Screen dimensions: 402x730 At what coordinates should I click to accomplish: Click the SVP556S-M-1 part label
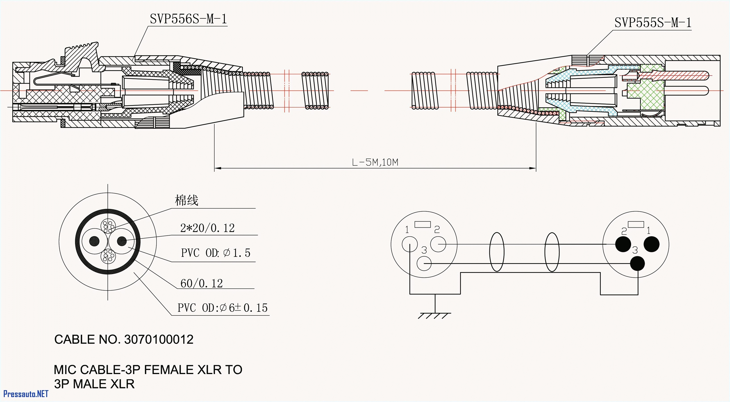click(x=188, y=19)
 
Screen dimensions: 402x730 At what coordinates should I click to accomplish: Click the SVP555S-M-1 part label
click(x=653, y=23)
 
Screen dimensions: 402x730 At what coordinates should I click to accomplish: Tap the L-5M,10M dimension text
click(x=375, y=162)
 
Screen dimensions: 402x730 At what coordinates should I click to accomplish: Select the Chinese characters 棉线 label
click(x=186, y=200)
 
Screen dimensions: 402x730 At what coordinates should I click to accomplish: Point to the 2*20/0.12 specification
click(x=207, y=228)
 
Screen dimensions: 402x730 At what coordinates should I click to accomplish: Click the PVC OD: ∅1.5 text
click(x=215, y=253)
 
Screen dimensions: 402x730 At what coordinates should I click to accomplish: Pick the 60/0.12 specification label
click(x=202, y=283)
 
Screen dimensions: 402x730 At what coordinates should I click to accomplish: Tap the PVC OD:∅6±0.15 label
click(x=222, y=308)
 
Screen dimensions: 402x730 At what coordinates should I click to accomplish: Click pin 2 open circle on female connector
click(x=438, y=244)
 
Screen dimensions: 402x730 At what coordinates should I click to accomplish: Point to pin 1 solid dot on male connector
click(x=651, y=244)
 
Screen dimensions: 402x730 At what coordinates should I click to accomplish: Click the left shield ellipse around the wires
click(x=497, y=252)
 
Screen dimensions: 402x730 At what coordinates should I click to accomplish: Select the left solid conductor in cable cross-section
click(x=94, y=241)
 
